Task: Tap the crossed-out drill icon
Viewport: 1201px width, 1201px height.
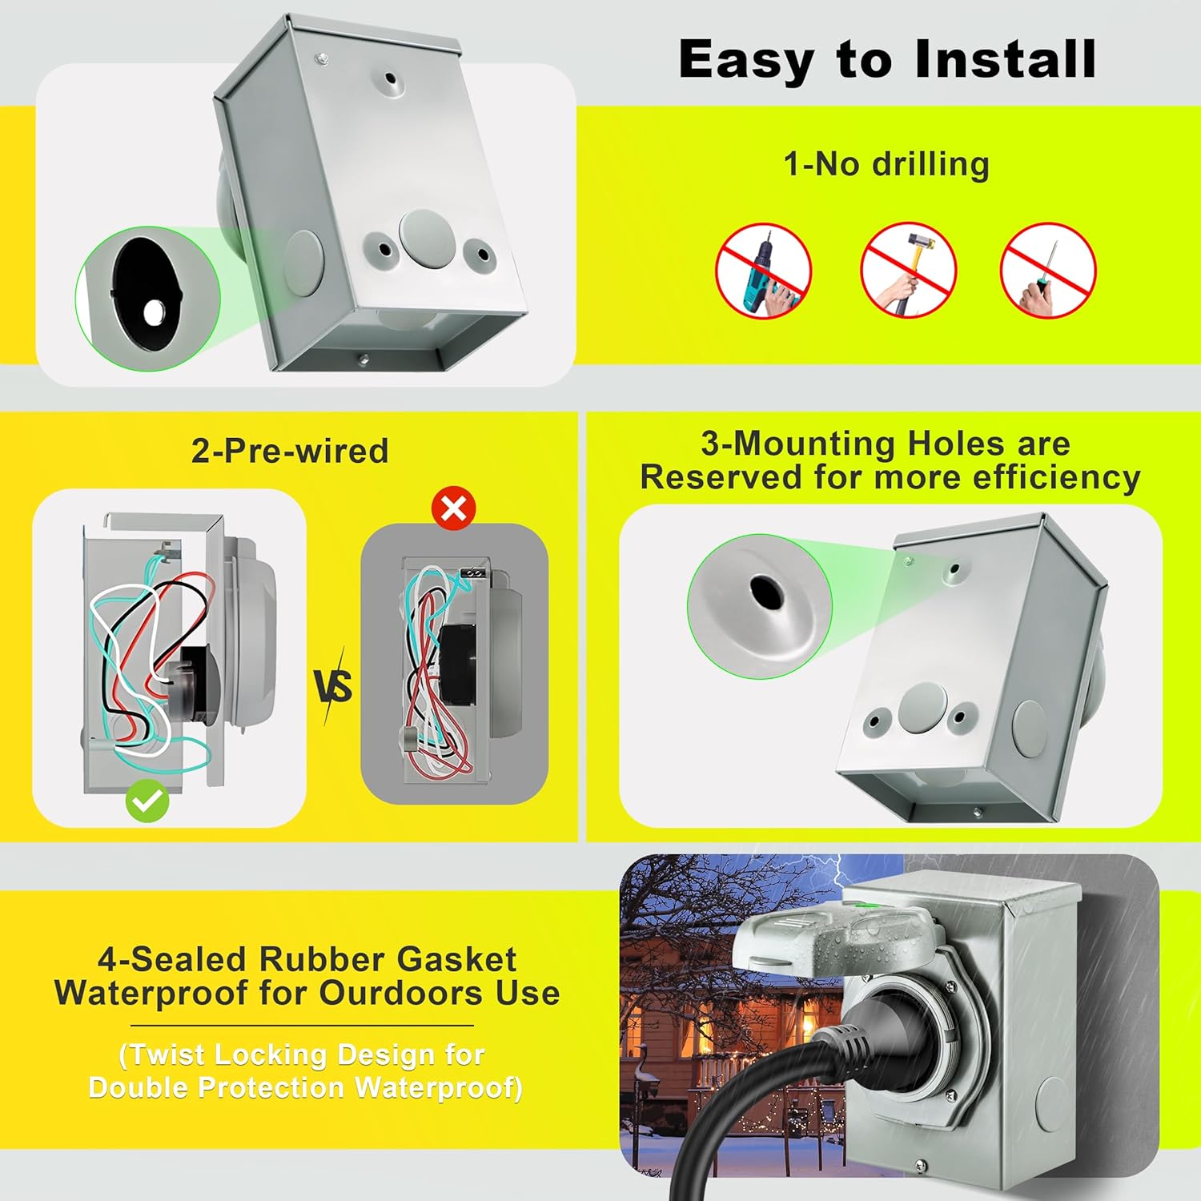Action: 763,271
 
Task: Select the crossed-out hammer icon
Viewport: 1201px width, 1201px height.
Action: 908,271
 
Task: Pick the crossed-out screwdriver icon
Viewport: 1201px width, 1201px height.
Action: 1048,271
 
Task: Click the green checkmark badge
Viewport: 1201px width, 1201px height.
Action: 147,801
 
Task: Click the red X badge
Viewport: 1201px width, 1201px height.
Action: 453,508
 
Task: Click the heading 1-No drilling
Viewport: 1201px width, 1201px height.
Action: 886,164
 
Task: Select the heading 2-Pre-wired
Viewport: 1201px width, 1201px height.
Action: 290,451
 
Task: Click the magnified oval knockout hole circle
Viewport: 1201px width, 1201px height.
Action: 147,299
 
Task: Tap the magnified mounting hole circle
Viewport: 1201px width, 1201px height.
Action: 759,606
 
